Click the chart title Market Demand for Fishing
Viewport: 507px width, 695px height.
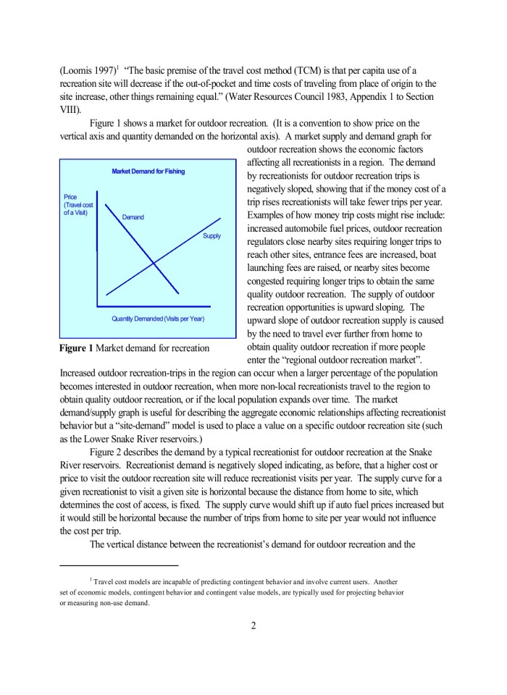tap(148, 172)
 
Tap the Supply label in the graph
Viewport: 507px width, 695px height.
tap(211, 236)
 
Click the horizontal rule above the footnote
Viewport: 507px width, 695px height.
tap(118, 565)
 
